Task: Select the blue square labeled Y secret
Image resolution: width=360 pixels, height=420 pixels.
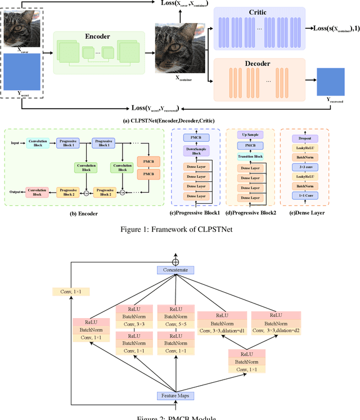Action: (x=22, y=72)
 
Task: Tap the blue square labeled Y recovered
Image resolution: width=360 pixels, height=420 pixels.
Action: (x=330, y=82)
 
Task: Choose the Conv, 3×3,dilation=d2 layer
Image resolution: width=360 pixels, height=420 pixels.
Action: (x=276, y=331)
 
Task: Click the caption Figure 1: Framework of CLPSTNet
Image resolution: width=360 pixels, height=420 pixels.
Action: (x=180, y=229)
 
